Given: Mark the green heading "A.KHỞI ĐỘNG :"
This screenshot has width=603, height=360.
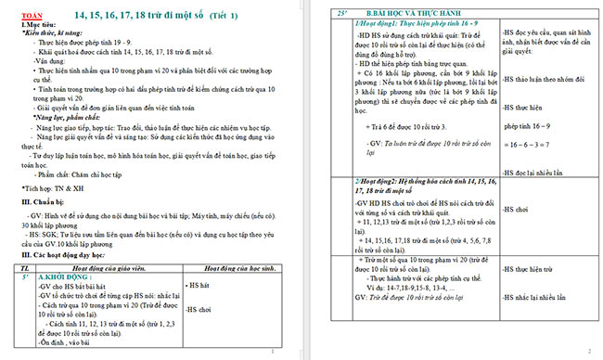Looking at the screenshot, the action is point(67,276).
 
